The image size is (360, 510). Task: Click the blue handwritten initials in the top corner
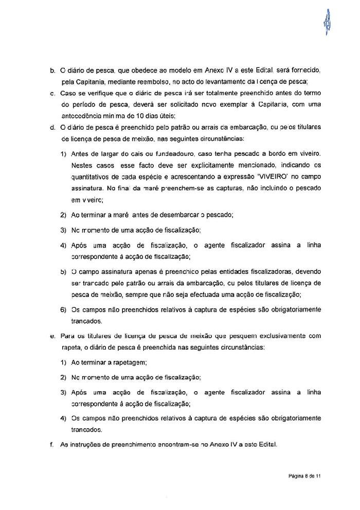[x=326, y=22]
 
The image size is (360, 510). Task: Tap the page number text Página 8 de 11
[x=304, y=477]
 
